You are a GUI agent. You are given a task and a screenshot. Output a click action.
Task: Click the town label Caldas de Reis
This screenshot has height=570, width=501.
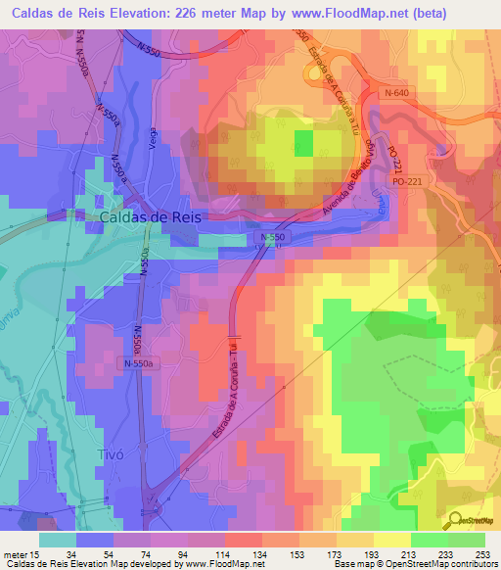tap(151, 217)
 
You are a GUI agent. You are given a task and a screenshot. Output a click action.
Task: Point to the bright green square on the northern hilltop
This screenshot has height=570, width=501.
tap(304, 144)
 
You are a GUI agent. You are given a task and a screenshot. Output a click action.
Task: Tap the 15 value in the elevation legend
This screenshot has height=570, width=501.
tap(35, 554)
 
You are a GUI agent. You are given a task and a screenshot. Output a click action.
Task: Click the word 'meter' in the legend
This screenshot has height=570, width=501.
tap(15, 554)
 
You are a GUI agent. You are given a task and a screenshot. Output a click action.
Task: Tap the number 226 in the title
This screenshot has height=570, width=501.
tap(226, 13)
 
